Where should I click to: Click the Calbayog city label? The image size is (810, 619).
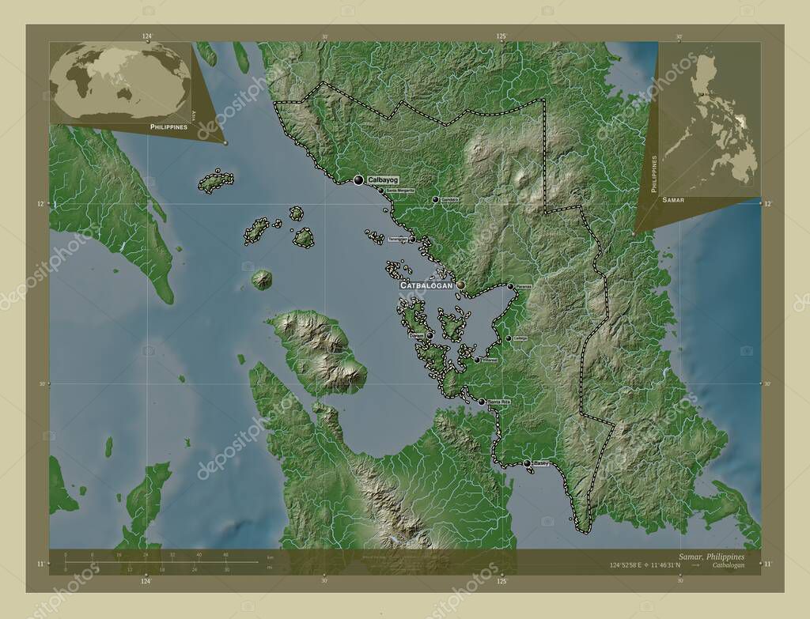pyautogui.click(x=383, y=180)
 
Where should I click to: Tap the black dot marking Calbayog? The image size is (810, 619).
pyautogui.click(x=358, y=180)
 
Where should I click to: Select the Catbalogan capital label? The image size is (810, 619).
pyautogui.click(x=426, y=285)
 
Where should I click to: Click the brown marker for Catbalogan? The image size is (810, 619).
pyautogui.click(x=460, y=285)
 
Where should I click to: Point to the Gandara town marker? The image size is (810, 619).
pyautogui.click(x=435, y=199)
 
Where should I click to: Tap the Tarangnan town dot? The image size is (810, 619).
pyautogui.click(x=412, y=239)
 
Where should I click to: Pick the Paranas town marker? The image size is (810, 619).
pyautogui.click(x=510, y=286)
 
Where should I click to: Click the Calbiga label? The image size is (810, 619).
pyautogui.click(x=520, y=338)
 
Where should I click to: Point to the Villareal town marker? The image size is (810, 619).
pyautogui.click(x=476, y=360)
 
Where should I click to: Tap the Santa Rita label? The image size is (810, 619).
pyautogui.click(x=500, y=402)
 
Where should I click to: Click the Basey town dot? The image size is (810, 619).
pyautogui.click(x=527, y=463)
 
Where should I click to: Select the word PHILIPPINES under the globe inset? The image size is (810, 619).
pyautogui.click(x=168, y=126)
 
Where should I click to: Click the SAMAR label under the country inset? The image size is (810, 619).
pyautogui.click(x=673, y=201)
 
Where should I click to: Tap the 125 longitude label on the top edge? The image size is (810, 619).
pyautogui.click(x=501, y=36)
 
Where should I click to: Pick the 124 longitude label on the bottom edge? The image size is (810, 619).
pyautogui.click(x=146, y=582)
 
